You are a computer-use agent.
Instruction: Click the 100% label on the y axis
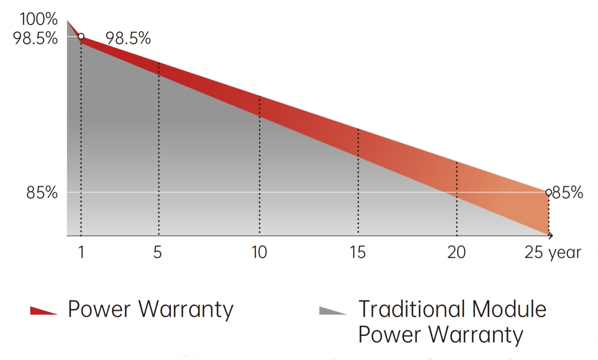[38, 20]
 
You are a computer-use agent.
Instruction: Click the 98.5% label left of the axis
[35, 37]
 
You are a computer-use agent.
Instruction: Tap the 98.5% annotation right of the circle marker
[128, 38]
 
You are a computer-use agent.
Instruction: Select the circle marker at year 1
[81, 36]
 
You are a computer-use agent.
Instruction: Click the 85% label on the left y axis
[42, 193]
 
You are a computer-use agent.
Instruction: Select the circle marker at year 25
[549, 192]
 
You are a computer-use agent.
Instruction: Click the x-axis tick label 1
[81, 252]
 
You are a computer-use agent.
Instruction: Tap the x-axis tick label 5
[158, 252]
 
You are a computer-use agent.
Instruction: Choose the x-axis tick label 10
[259, 252]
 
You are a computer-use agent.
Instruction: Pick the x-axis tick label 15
[358, 252]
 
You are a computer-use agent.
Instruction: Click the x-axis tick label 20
[456, 252]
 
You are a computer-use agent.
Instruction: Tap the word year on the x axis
[564, 253]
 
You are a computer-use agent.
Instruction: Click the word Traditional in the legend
[411, 308]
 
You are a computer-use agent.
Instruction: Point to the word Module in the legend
[509, 308]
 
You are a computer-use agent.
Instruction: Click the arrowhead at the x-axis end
[550, 236]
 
